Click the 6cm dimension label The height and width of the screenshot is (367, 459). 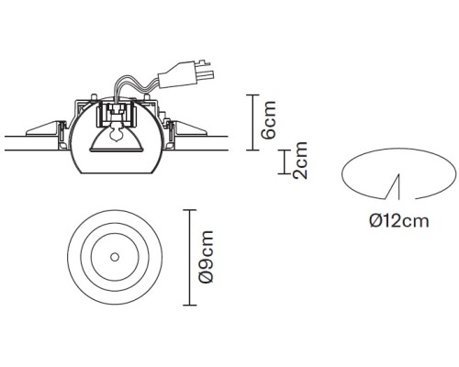pyautogui.click(x=269, y=119)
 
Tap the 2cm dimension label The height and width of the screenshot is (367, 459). pyautogui.click(x=300, y=160)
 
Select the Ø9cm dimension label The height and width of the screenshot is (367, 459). pyautogui.click(x=206, y=257)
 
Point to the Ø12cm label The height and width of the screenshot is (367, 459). pyautogui.click(x=399, y=220)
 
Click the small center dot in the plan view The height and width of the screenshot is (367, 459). pyautogui.click(x=115, y=258)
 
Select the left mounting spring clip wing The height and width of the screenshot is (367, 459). pyautogui.click(x=43, y=129)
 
